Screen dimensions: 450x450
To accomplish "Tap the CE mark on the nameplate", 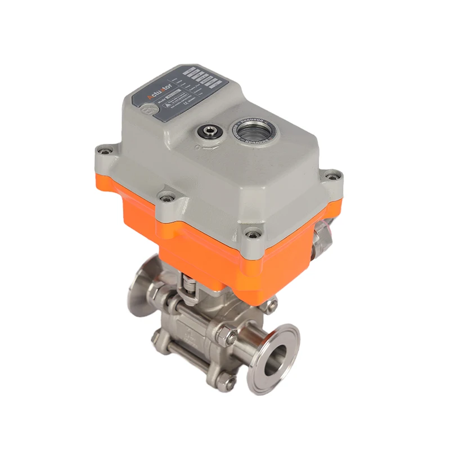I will pos(199,106).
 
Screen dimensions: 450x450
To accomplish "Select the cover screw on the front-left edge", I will pos(164,196).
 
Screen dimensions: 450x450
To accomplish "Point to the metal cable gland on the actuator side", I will pos(326,230).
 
